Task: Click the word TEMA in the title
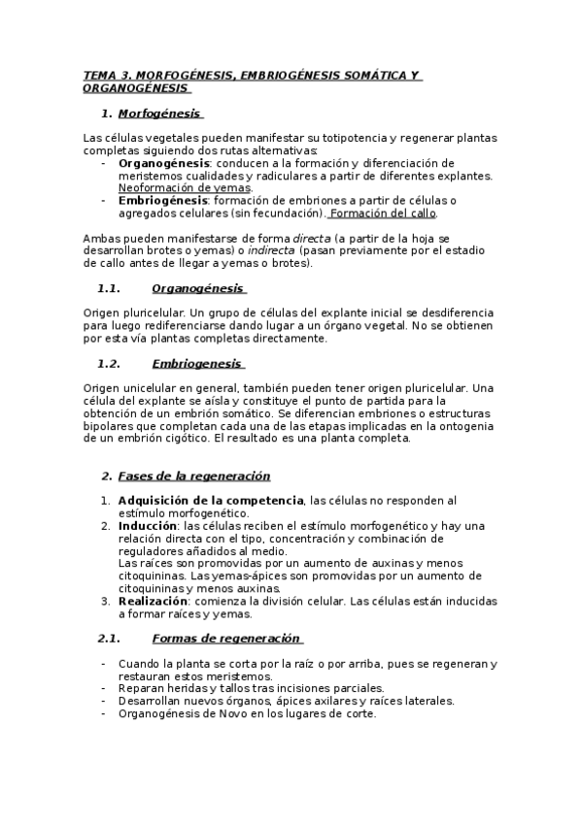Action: [98, 75]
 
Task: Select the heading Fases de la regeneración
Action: [193, 476]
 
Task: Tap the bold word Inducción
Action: [148, 526]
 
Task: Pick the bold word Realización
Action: [152, 602]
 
